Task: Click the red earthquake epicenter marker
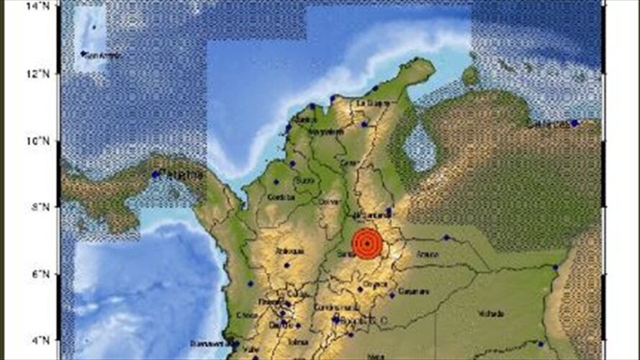pyautogui.click(x=368, y=243)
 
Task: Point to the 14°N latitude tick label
pyautogui.click(x=48, y=6)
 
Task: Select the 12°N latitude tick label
pyautogui.click(x=48, y=73)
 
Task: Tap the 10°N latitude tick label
pyautogui.click(x=48, y=140)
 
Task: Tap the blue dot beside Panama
pyautogui.click(x=155, y=174)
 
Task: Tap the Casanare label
pyautogui.click(x=409, y=292)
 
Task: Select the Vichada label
pyautogui.click(x=490, y=313)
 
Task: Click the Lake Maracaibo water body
pyautogui.click(x=420, y=148)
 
